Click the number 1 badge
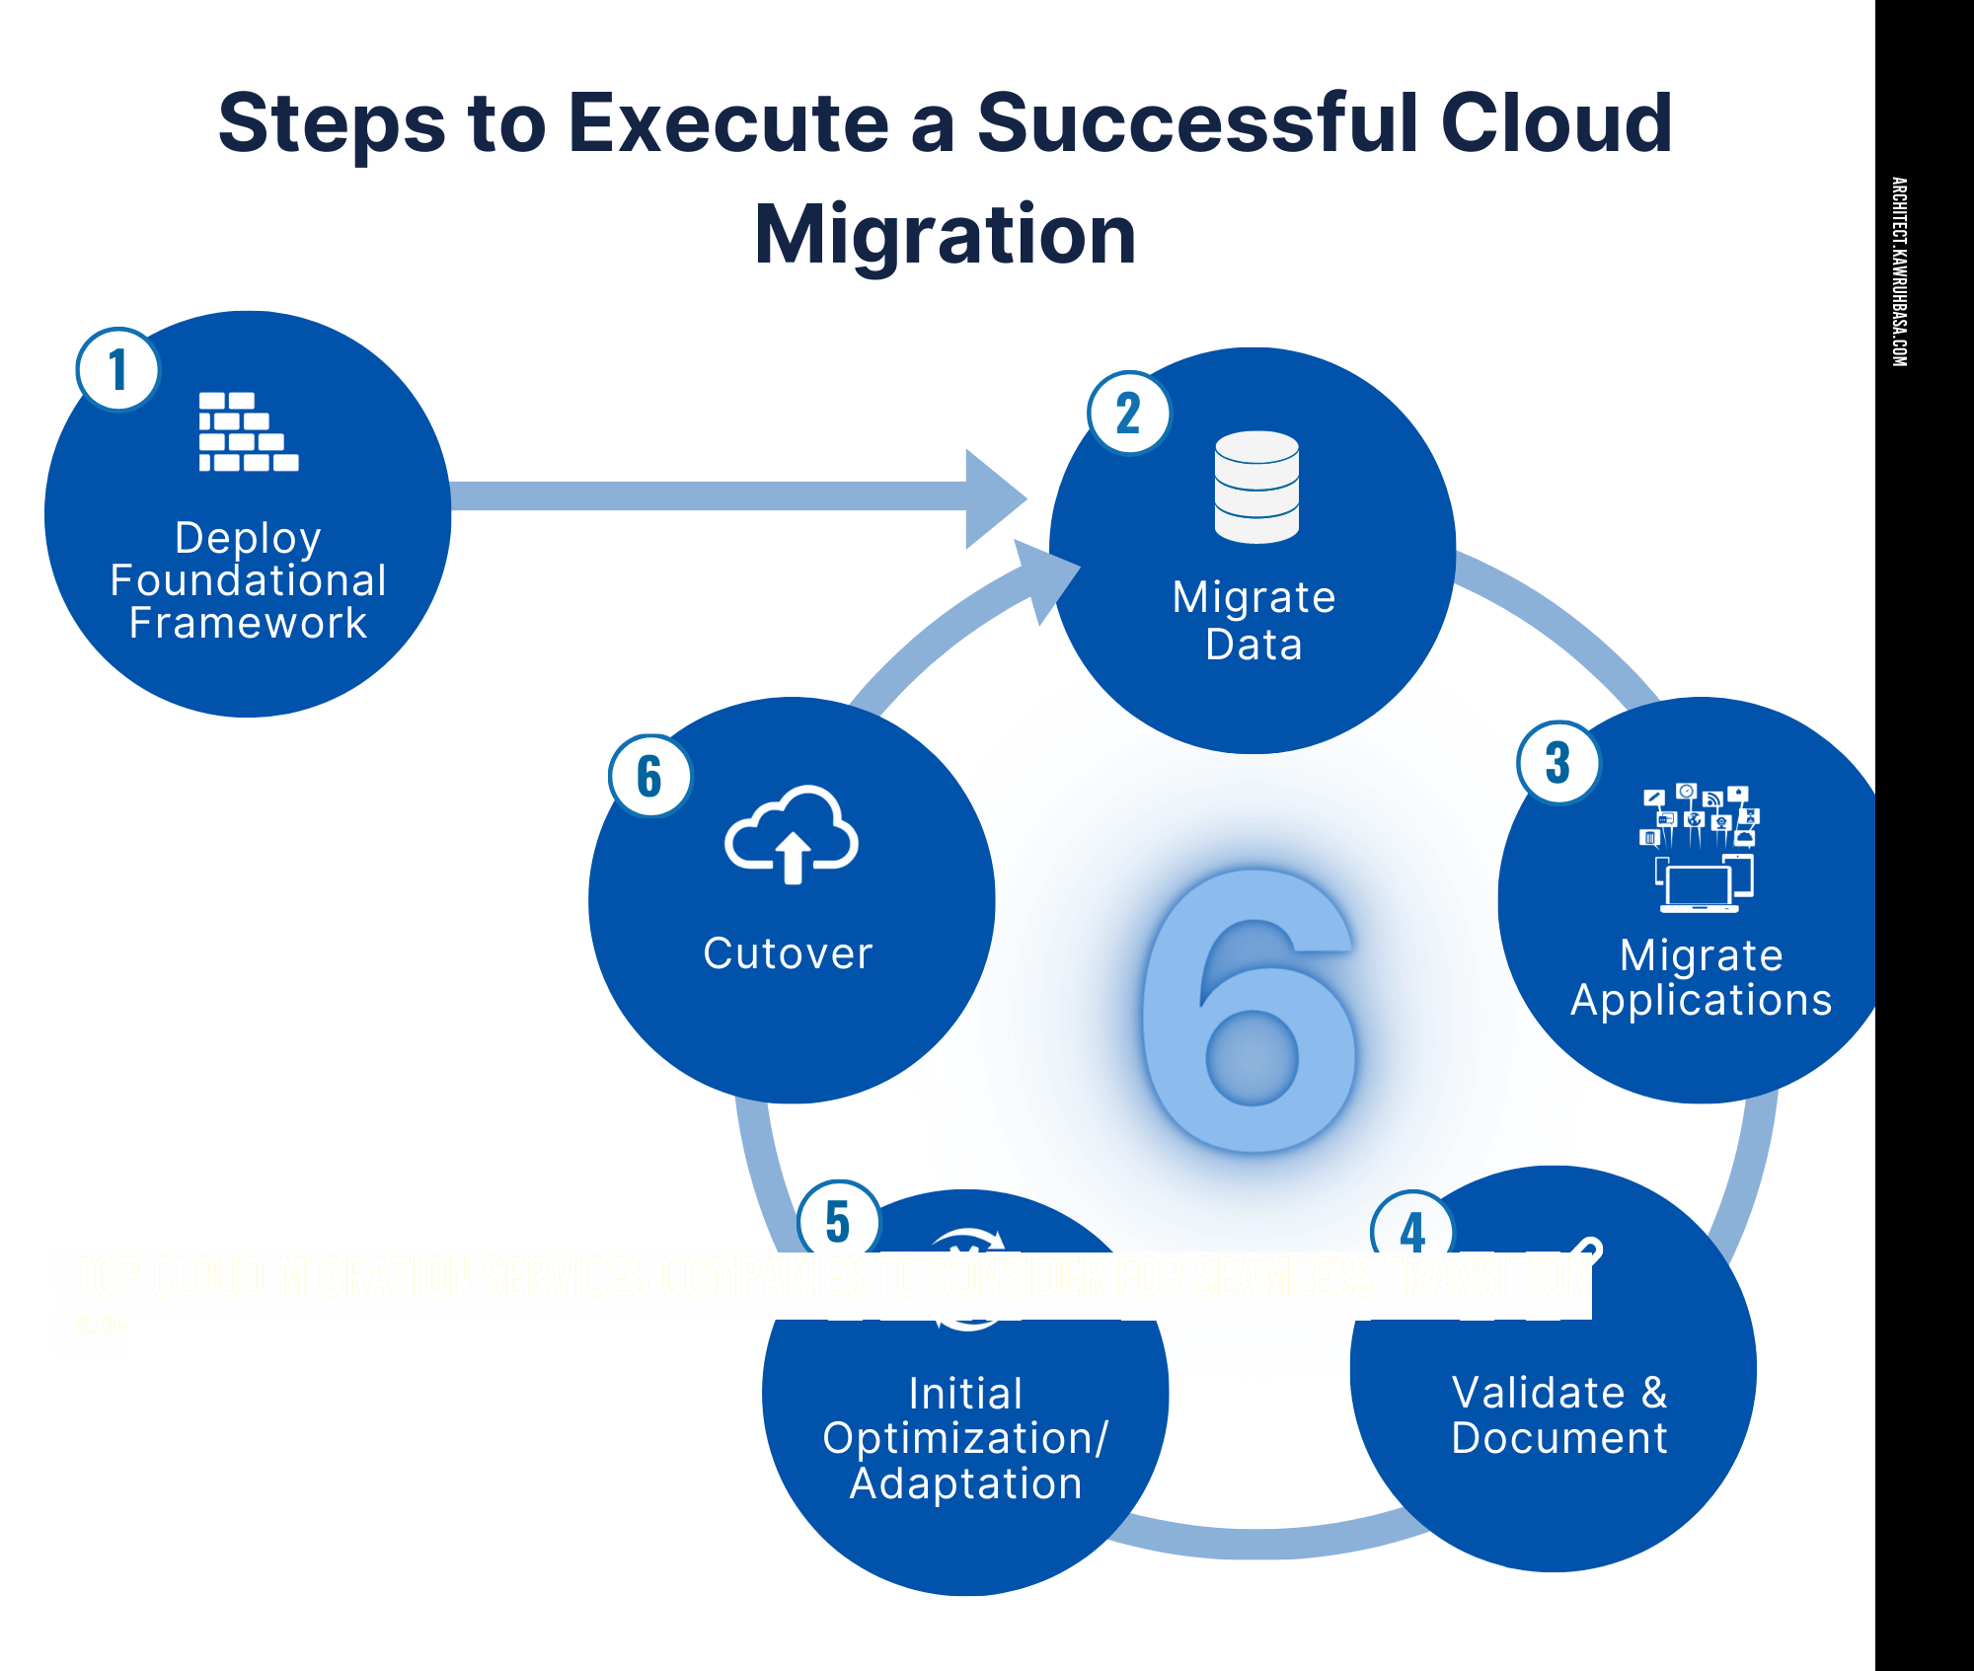(x=117, y=370)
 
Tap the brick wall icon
(x=248, y=432)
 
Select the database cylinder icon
(x=1256, y=487)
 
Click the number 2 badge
(x=1128, y=413)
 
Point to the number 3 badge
(x=1557, y=762)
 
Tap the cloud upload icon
(x=792, y=835)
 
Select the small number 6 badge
(x=649, y=776)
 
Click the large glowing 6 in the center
(x=1250, y=1012)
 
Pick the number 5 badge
(x=838, y=1220)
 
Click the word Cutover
(x=788, y=953)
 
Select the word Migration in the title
(x=945, y=235)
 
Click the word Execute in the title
(x=728, y=122)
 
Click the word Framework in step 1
(x=248, y=624)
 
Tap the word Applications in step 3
(x=1701, y=1000)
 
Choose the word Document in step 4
(x=1559, y=1438)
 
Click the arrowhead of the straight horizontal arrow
(x=995, y=497)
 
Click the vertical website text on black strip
(x=1899, y=271)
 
